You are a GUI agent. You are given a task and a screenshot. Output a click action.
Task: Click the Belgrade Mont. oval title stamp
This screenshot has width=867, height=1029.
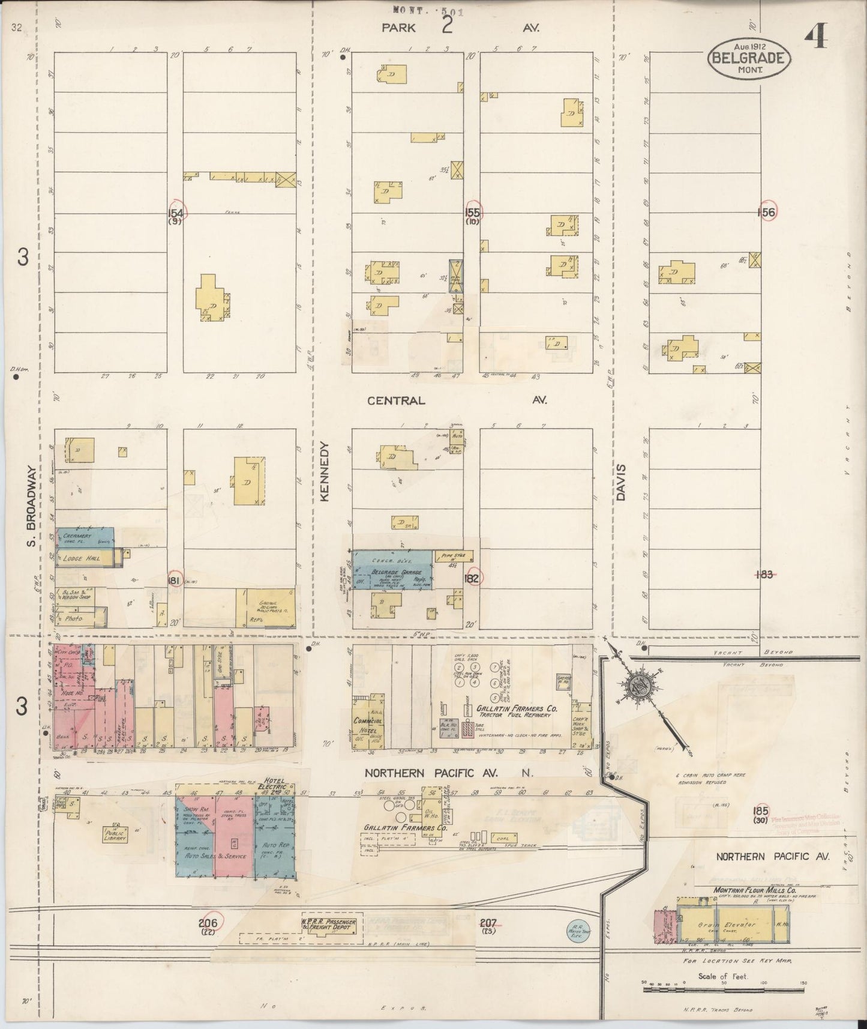(749, 58)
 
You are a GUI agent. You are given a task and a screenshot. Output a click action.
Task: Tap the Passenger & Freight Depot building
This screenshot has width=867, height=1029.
(328, 925)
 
